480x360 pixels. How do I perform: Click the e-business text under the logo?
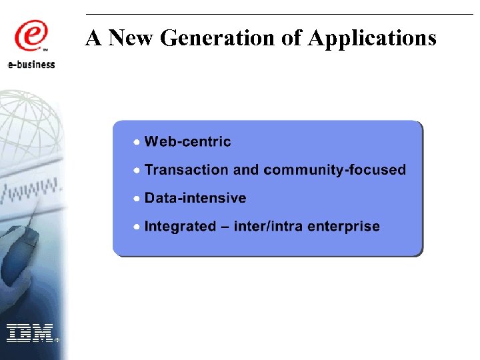click(32, 65)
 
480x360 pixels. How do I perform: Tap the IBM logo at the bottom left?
click(30, 332)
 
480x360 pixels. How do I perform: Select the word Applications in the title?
click(372, 38)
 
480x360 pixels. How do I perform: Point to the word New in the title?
click(131, 38)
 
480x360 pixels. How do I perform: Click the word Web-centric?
click(187, 141)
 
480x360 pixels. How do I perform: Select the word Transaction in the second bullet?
click(187, 169)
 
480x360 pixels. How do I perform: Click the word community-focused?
click(335, 169)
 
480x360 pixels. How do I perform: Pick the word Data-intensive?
click(195, 198)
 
